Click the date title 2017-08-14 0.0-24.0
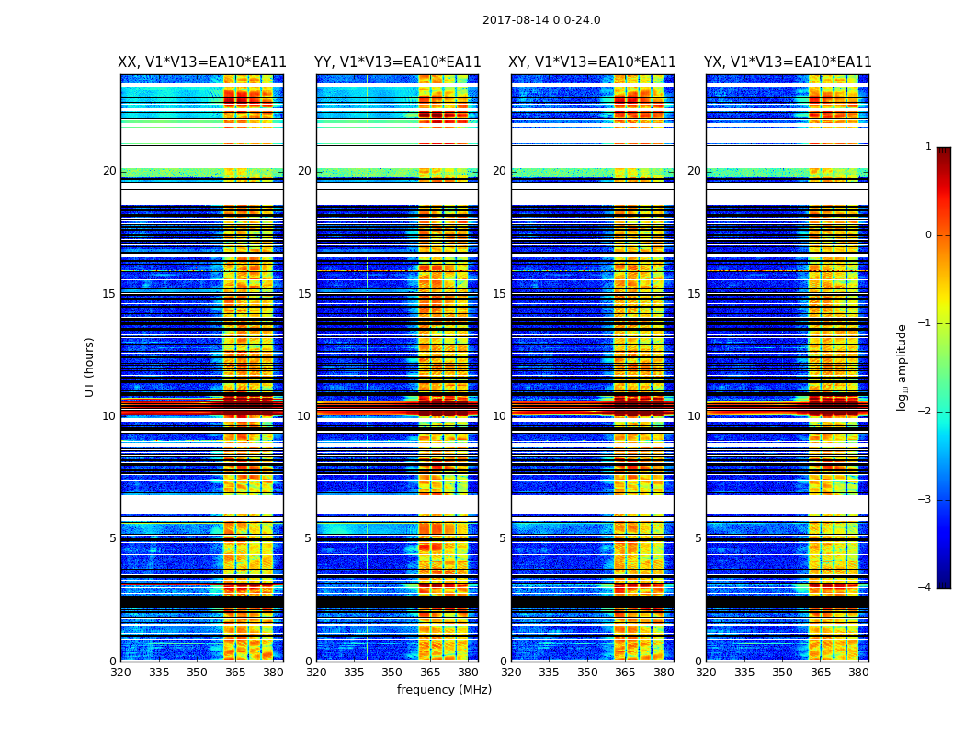tap(541, 20)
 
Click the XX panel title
tap(202, 62)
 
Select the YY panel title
tap(398, 62)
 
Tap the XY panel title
tap(593, 62)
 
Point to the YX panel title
tap(788, 62)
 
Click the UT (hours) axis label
tap(90, 367)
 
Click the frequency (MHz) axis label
tap(444, 690)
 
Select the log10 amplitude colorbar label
tap(903, 367)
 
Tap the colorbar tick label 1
tap(927, 147)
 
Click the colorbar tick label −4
tap(925, 588)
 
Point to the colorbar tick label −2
tap(925, 412)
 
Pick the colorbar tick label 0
tap(927, 235)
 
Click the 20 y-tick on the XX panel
tap(109, 171)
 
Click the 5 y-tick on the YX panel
tap(698, 538)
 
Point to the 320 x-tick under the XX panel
tap(121, 672)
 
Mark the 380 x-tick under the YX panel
tap(858, 672)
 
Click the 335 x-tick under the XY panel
tap(550, 672)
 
